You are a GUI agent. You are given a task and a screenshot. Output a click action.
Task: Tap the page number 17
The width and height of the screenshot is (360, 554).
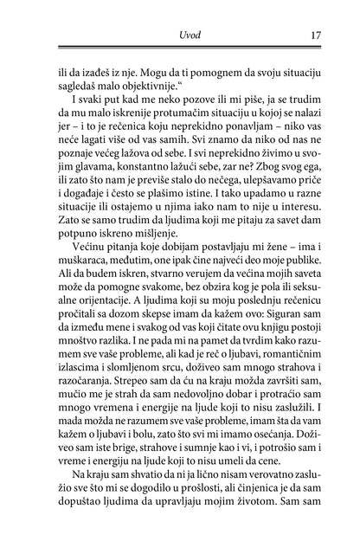[x=315, y=35]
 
